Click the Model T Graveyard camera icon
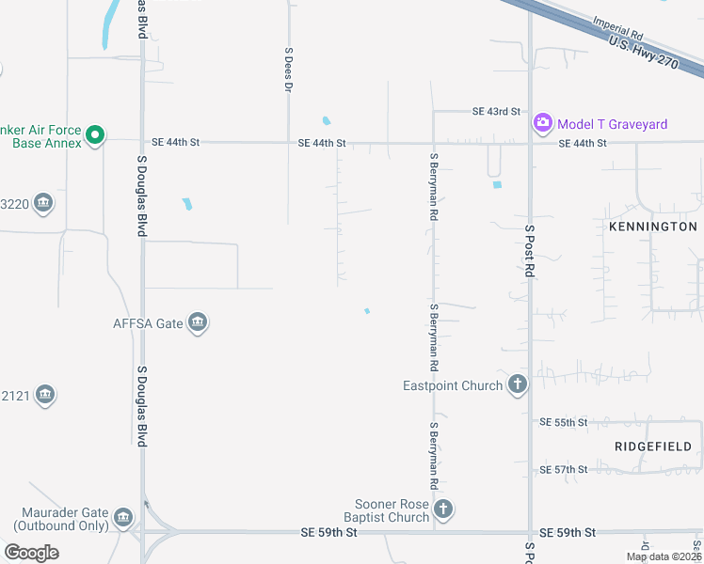click(x=542, y=123)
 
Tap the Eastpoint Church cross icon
click(x=517, y=384)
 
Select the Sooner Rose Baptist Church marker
click(x=443, y=510)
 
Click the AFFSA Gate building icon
click(x=198, y=323)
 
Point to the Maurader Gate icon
click(x=122, y=518)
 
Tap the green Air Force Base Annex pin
click(x=94, y=136)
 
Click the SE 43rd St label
click(x=496, y=111)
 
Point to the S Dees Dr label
click(x=289, y=70)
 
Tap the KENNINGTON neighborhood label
click(x=653, y=227)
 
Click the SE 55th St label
click(x=563, y=423)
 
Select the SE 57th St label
click(x=563, y=469)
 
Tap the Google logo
click(x=31, y=553)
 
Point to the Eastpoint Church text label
click(x=452, y=385)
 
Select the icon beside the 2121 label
click(x=44, y=397)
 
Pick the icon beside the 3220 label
click(x=42, y=203)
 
